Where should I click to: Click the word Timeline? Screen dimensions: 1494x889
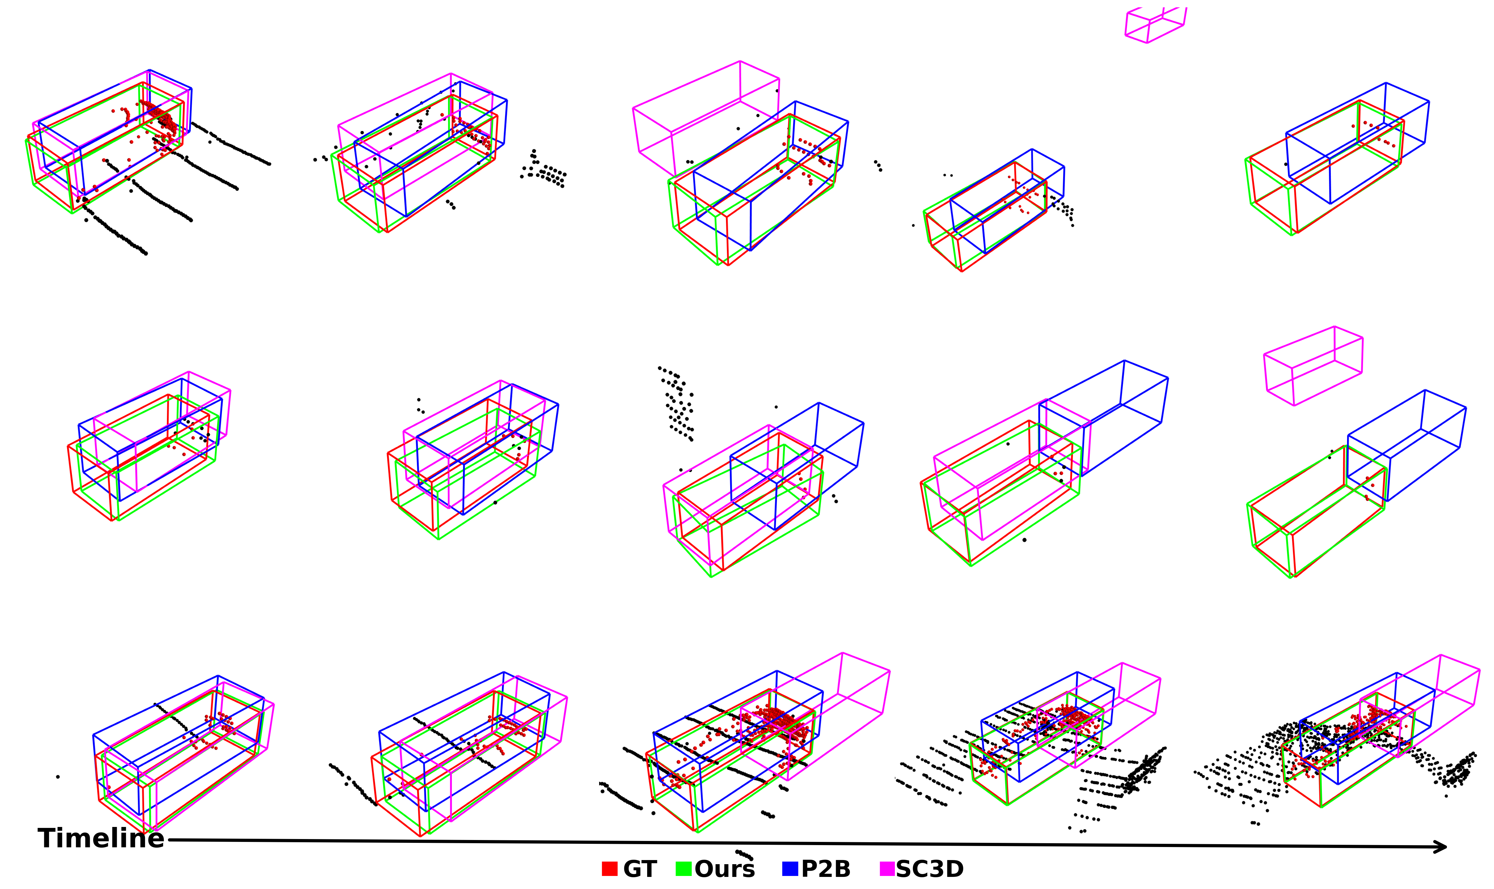pyautogui.click(x=100, y=838)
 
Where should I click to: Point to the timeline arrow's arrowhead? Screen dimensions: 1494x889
pyautogui.click(x=1440, y=846)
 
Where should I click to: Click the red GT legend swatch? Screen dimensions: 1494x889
pyautogui.click(x=609, y=869)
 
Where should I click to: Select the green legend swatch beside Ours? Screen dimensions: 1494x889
pyautogui.click(x=683, y=869)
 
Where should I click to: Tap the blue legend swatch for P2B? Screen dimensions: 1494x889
pyautogui.click(x=790, y=869)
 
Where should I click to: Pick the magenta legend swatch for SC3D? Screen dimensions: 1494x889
pyautogui.click(x=887, y=869)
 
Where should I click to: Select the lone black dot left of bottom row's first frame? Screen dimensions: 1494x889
pyautogui.click(x=58, y=777)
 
